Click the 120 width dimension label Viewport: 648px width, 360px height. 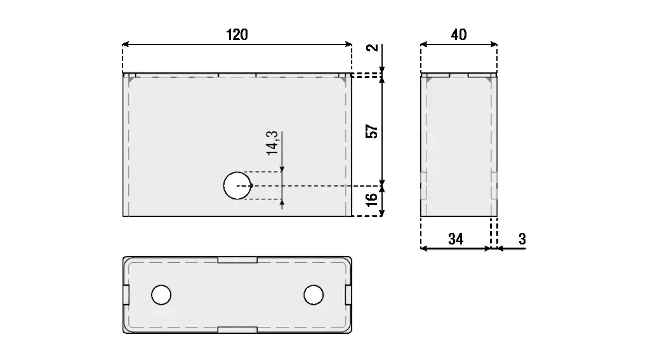coord(237,35)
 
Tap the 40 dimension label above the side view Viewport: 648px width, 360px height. coord(459,35)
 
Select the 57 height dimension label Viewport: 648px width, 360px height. coord(372,131)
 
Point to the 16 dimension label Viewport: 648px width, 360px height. coord(372,199)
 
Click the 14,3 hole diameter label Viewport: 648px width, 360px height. coord(272,143)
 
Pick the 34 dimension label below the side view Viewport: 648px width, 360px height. coord(456,239)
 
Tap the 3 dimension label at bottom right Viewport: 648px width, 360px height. coord(522,239)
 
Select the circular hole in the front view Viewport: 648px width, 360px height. coord(237,185)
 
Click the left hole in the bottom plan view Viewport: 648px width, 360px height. coord(161,295)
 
